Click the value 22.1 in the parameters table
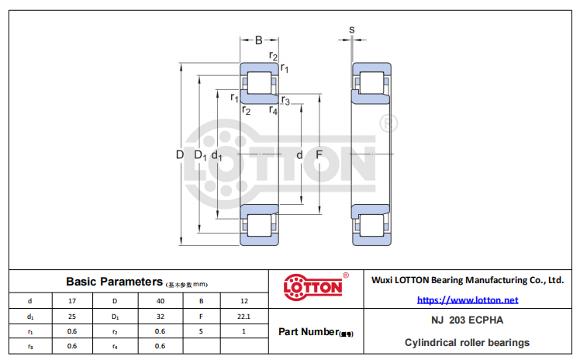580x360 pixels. pyautogui.click(x=243, y=317)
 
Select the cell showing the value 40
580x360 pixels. pyautogui.click(x=161, y=301)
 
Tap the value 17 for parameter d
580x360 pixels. pyautogui.click(x=72, y=301)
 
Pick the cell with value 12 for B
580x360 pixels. pyautogui.click(x=244, y=301)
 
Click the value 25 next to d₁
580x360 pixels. pyautogui.click(x=72, y=317)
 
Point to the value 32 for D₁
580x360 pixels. pyautogui.click(x=161, y=317)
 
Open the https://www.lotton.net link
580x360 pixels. pyautogui.click(x=468, y=300)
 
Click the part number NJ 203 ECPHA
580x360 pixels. pyautogui.click(x=468, y=320)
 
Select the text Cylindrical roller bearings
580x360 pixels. pyautogui.click(x=468, y=343)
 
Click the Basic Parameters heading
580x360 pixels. pyautogui.click(x=114, y=282)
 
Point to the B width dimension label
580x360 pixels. pyautogui.click(x=259, y=40)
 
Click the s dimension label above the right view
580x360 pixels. pyautogui.click(x=352, y=29)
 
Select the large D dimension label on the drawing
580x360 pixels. pyautogui.click(x=180, y=154)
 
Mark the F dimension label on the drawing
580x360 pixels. pyautogui.click(x=319, y=154)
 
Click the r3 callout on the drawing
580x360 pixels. pyautogui.click(x=285, y=100)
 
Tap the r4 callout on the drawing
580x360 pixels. pyautogui.click(x=273, y=110)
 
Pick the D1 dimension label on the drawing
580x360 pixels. pyautogui.click(x=201, y=155)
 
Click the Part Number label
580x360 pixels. pyautogui.click(x=316, y=332)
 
